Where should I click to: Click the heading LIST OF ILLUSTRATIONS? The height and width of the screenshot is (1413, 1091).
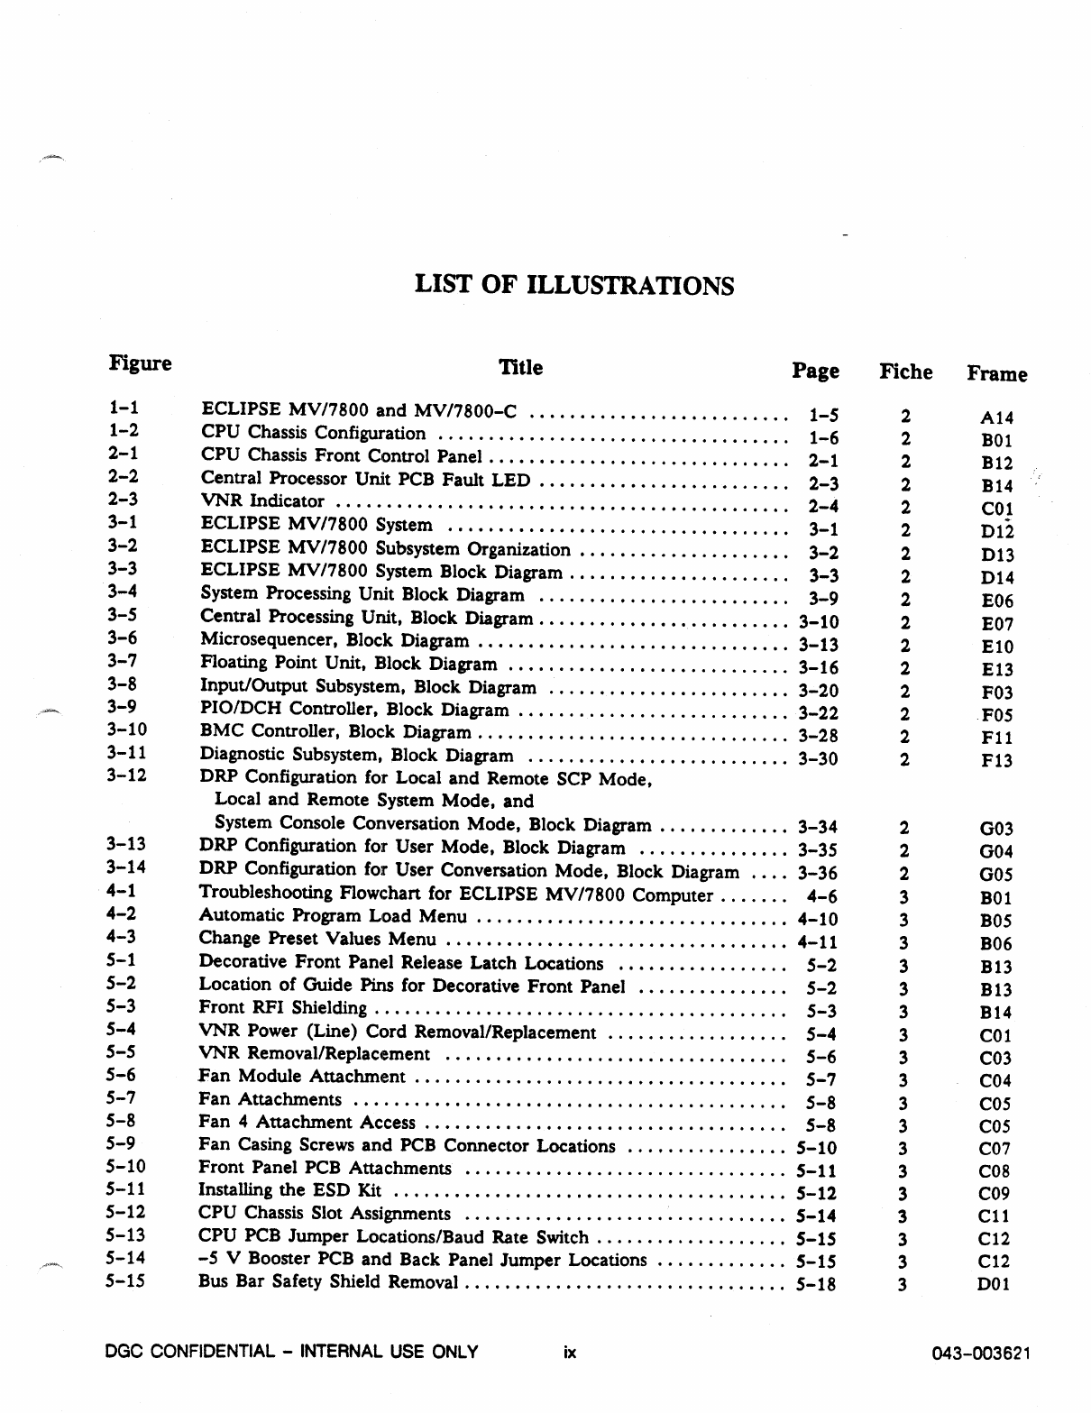pyautogui.click(x=573, y=286)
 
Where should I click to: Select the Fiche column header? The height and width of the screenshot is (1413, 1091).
pyautogui.click(x=905, y=372)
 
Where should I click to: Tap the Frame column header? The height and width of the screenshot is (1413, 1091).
pyautogui.click(x=996, y=373)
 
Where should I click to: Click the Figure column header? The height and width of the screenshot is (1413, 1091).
pyautogui.click(x=140, y=363)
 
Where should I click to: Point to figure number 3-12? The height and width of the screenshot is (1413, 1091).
pyautogui.click(x=126, y=775)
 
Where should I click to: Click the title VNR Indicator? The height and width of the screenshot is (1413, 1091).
pyautogui.click(x=262, y=500)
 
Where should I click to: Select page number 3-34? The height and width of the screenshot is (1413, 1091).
pyautogui.click(x=818, y=826)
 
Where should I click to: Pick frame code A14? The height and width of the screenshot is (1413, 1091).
pyautogui.click(x=996, y=417)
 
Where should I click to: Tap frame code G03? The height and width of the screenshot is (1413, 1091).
pyautogui.click(x=995, y=828)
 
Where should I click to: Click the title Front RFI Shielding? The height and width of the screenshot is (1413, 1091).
pyautogui.click(x=282, y=1007)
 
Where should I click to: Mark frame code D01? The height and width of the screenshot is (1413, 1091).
pyautogui.click(x=995, y=1284)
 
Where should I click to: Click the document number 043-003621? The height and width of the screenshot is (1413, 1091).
pyautogui.click(x=982, y=1353)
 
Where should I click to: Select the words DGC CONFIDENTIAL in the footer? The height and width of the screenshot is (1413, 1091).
pyautogui.click(x=189, y=1351)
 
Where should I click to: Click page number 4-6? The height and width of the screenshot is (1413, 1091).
pyautogui.click(x=821, y=896)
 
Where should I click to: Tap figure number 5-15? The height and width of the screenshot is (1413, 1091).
pyautogui.click(x=125, y=1280)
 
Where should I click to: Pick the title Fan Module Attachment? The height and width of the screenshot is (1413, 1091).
pyautogui.click(x=301, y=1076)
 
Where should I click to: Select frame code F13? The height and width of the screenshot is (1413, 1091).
pyautogui.click(x=996, y=760)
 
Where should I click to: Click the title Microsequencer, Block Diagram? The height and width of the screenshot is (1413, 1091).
pyautogui.click(x=334, y=640)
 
